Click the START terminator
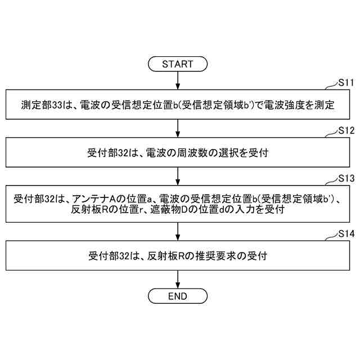tap(177, 64)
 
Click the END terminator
tap(177, 296)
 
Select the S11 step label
tap(345, 83)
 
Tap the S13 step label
tap(345, 178)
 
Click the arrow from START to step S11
tap(177, 80)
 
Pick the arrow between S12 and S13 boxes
tap(177, 175)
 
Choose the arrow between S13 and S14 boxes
tap(177, 231)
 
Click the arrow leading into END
tap(177, 278)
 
